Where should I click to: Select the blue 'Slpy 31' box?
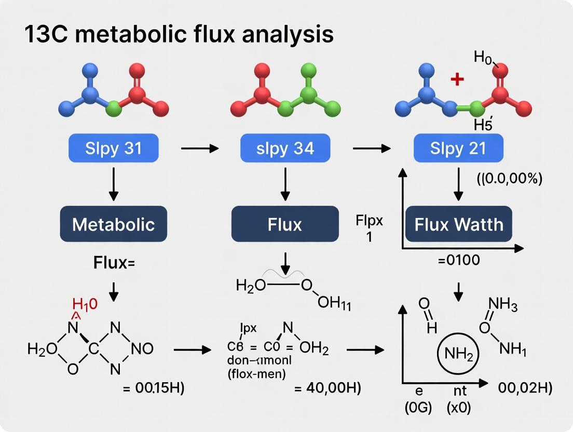pos(113,149)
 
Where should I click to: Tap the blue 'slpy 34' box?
pos(284,149)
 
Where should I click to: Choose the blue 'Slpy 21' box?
pos(458,149)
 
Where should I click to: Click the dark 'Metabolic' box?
pos(113,224)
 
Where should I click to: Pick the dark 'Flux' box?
pos(284,224)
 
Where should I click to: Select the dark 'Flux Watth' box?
pos(458,224)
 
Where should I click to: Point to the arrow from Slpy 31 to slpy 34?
pos(200,149)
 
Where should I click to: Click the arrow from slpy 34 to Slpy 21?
pos(372,149)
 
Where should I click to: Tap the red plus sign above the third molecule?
pos(457,79)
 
